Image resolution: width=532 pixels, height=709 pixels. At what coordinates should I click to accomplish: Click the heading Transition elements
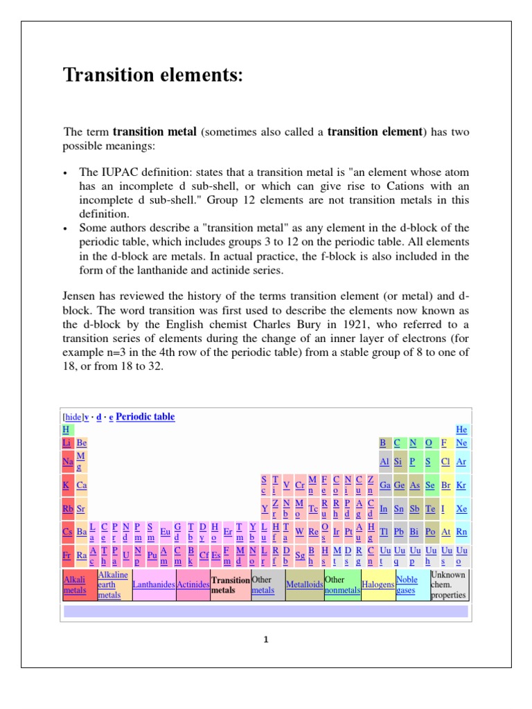click(x=153, y=75)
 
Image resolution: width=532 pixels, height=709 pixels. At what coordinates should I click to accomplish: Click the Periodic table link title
click(x=145, y=417)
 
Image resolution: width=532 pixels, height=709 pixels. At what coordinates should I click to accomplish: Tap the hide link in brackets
click(x=73, y=418)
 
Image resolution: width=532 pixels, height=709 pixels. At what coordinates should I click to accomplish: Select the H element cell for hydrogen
click(x=66, y=430)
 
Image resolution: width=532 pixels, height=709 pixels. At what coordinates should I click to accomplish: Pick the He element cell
click(x=461, y=430)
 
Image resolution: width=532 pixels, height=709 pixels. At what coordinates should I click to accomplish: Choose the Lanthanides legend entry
click(x=153, y=585)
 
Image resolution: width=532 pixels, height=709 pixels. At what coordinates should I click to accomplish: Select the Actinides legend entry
click(x=193, y=585)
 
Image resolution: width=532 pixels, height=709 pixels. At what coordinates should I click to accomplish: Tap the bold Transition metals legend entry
click(x=230, y=585)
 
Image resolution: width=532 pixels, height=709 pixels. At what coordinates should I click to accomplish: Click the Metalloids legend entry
click(x=304, y=585)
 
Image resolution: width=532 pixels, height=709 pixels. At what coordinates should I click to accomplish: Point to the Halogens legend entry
click(x=378, y=585)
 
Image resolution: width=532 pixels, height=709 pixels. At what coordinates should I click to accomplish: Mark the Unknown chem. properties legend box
click(x=448, y=585)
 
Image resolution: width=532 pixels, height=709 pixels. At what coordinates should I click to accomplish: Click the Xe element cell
click(x=461, y=509)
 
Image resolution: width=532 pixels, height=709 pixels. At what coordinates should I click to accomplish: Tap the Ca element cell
click(x=82, y=486)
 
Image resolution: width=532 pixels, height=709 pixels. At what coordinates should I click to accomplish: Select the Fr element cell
click(x=66, y=555)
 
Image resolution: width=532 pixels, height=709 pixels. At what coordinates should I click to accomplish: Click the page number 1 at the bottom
click(x=265, y=640)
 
